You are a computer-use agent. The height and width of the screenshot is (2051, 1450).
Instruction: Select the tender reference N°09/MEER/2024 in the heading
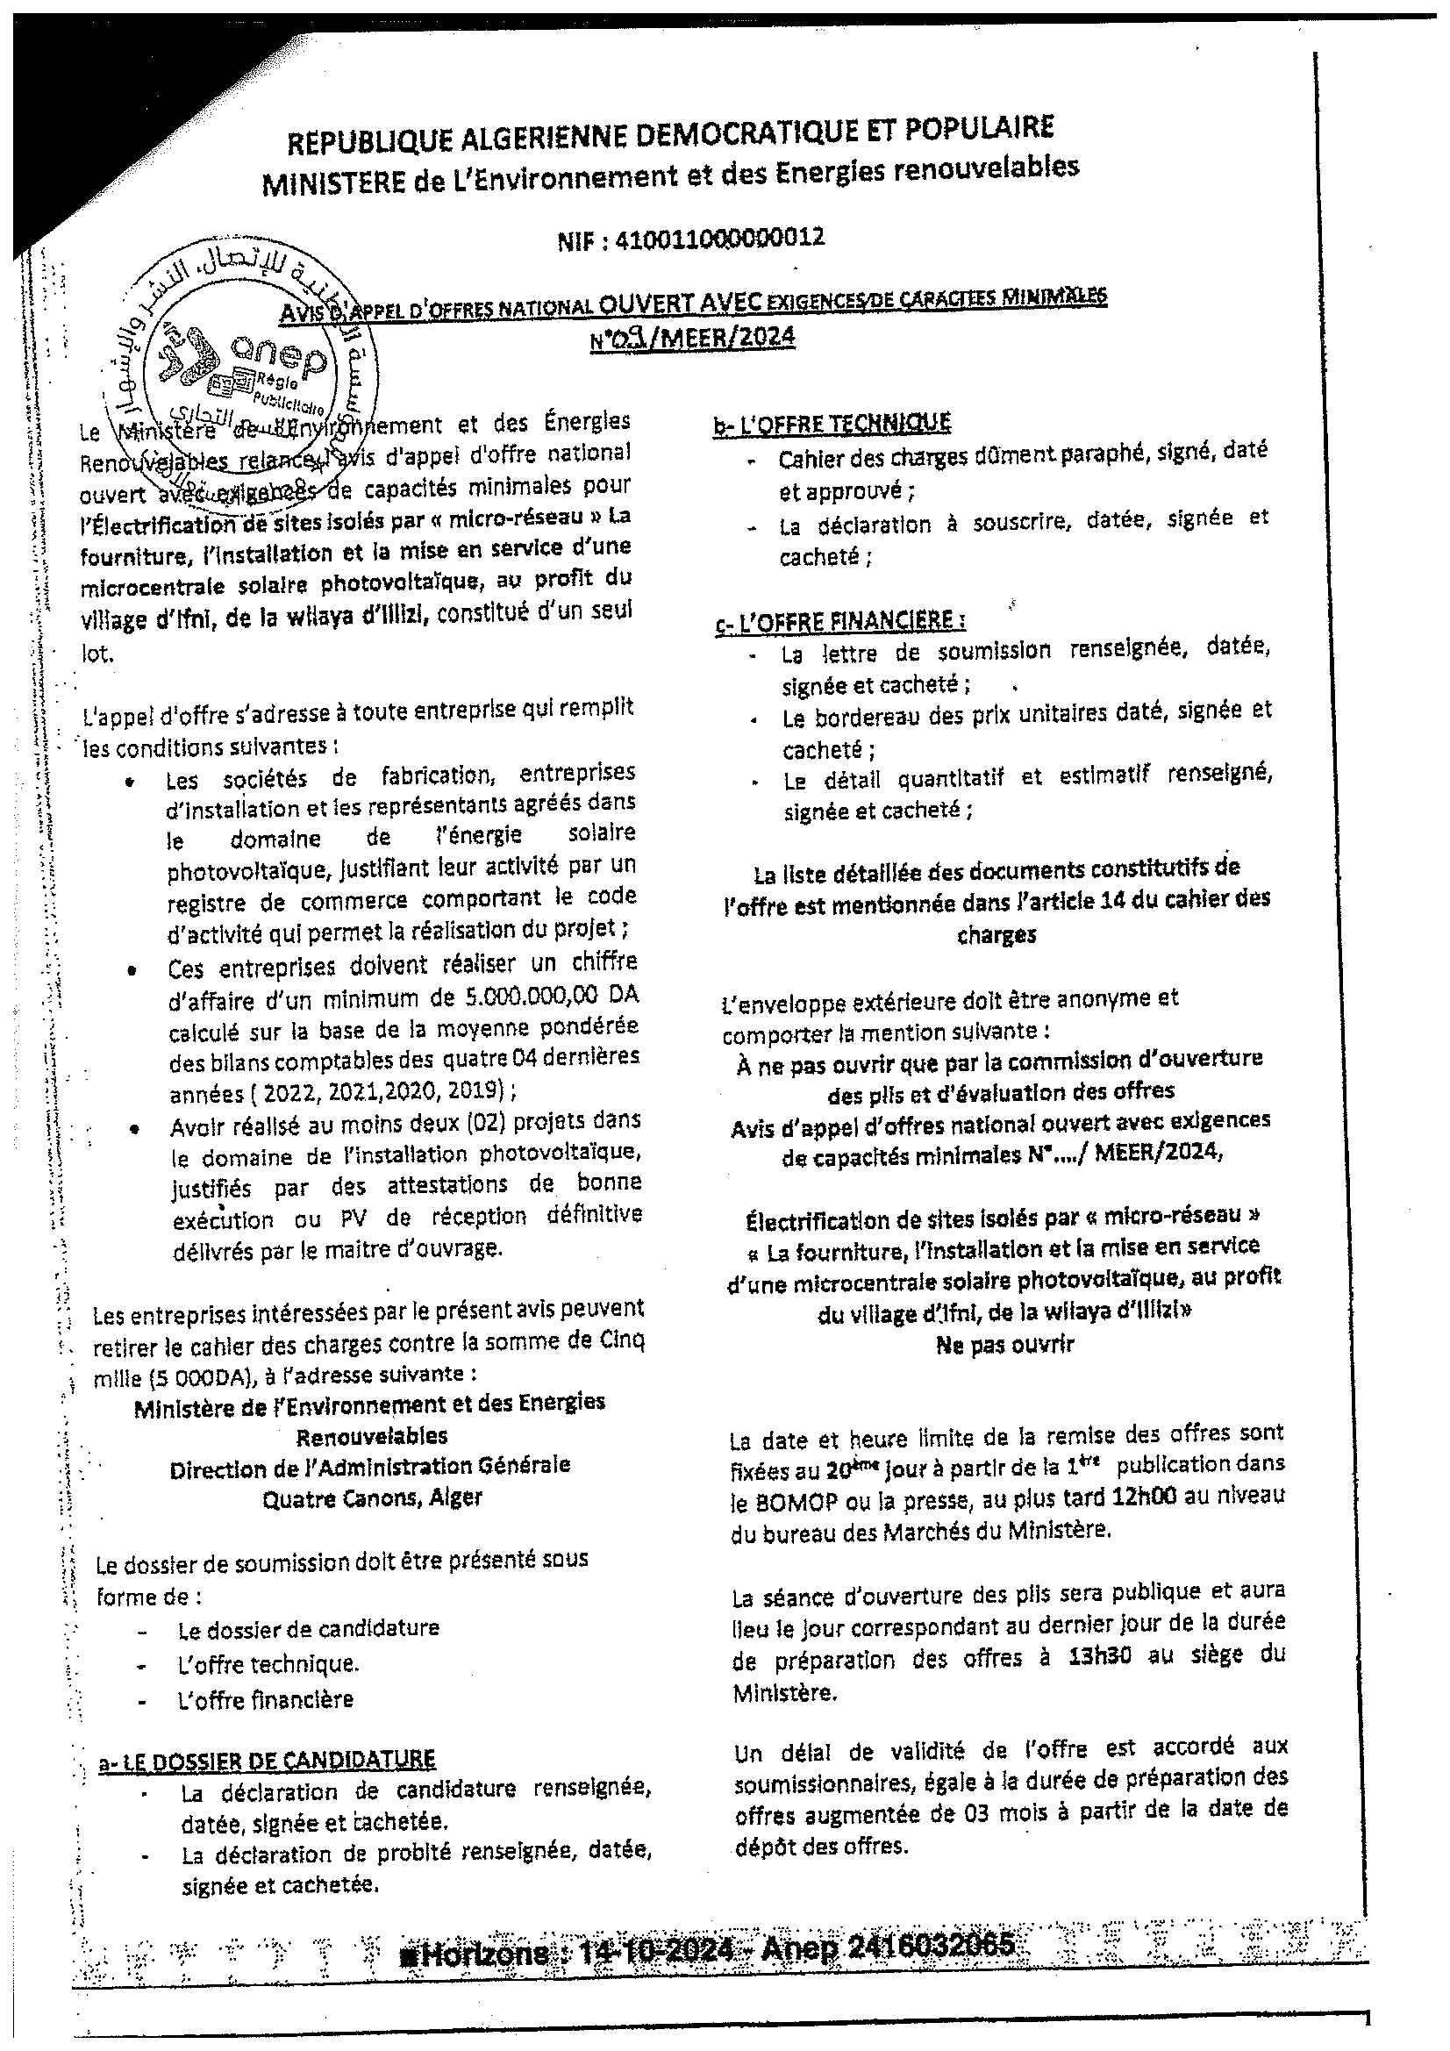pyautogui.click(x=691, y=338)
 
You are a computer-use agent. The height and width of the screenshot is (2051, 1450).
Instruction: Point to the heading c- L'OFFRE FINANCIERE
pyautogui.click(x=839, y=621)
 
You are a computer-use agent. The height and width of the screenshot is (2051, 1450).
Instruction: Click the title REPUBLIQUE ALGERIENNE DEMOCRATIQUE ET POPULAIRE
pyautogui.click(x=669, y=134)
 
